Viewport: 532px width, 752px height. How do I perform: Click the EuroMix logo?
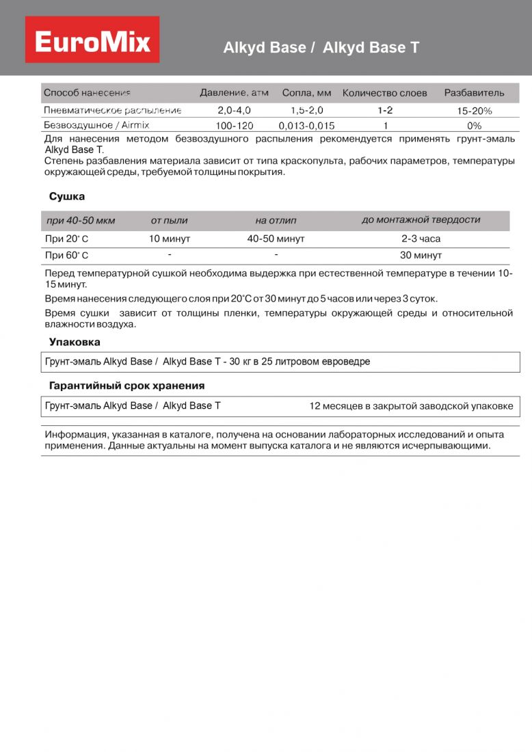[x=92, y=40]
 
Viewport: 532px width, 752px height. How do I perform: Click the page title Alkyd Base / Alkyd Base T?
[x=321, y=48]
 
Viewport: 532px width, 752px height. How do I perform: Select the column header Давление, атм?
[x=234, y=93]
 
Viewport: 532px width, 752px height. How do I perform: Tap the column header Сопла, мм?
[x=306, y=93]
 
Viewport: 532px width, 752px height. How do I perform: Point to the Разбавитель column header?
[x=474, y=93]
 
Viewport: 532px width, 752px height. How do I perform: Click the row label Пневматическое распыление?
[x=113, y=110]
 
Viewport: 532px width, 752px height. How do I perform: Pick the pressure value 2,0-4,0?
[x=234, y=110]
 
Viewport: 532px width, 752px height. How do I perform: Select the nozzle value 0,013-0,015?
[x=306, y=126]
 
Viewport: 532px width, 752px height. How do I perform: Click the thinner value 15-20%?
[x=475, y=111]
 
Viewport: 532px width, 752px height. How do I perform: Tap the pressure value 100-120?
[x=234, y=126]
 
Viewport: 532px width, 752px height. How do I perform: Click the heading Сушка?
[x=67, y=197]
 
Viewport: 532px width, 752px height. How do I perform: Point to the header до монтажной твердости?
[x=421, y=220]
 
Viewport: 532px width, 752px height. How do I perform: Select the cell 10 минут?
[x=170, y=239]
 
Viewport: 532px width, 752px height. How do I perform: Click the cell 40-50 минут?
[x=276, y=239]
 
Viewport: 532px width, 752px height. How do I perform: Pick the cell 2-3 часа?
[x=421, y=239]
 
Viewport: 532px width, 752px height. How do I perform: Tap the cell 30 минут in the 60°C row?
[x=421, y=256]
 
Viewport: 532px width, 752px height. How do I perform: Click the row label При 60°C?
[x=66, y=256]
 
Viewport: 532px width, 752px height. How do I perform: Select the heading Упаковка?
[x=75, y=342]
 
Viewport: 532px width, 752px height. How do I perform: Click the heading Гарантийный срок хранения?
[x=127, y=386]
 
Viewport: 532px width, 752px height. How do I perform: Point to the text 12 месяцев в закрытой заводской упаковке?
[x=411, y=406]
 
